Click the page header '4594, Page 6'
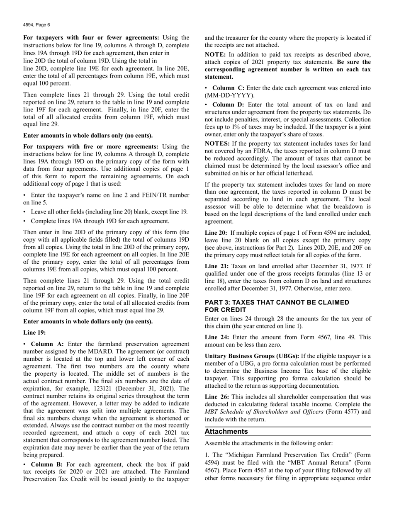pyautogui.click(x=36, y=24)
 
